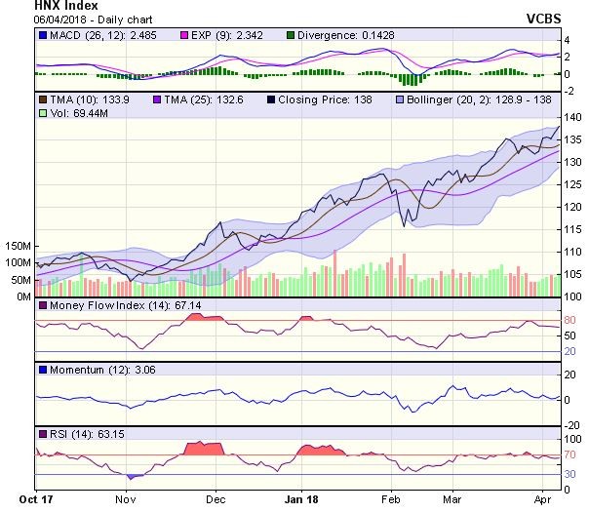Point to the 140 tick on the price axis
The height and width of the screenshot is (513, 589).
[x=572, y=117]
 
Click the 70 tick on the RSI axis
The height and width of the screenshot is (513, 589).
[x=570, y=455]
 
